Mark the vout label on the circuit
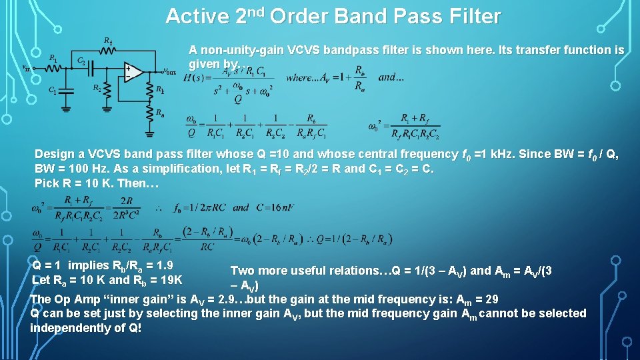pyautogui.click(x=169, y=71)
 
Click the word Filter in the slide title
pyautogui.click(x=474, y=16)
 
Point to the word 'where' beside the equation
pyautogui.click(x=299, y=77)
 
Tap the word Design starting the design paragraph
pyautogui.click(x=55, y=154)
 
